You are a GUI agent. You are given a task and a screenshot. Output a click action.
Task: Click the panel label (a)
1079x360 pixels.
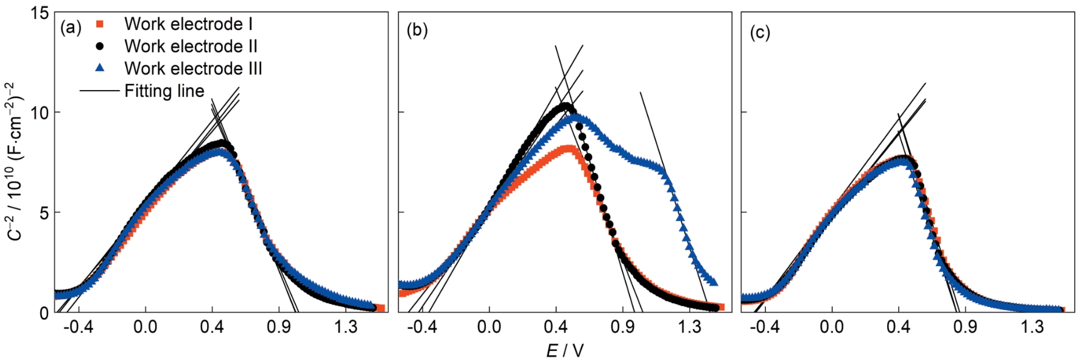(71, 28)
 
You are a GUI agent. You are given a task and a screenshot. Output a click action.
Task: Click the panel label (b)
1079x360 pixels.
(417, 30)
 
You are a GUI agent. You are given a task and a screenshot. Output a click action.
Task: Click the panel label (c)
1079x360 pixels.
(759, 32)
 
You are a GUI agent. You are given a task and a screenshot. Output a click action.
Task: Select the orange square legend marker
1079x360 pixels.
(100, 24)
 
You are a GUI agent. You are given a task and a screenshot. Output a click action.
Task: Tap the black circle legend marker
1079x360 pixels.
(100, 46)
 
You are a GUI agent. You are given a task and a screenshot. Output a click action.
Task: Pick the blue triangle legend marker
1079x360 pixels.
(100, 68)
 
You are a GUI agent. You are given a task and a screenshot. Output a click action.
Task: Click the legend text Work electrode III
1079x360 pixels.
(193, 68)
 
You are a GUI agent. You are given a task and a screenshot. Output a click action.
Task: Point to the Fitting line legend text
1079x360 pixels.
(164, 91)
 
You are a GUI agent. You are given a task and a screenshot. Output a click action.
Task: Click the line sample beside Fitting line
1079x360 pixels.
(99, 91)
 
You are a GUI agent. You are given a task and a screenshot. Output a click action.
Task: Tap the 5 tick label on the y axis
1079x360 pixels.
(43, 213)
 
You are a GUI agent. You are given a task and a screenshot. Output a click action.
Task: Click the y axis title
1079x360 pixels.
(16, 161)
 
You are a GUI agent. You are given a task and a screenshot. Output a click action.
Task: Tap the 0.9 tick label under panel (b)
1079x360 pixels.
(622, 327)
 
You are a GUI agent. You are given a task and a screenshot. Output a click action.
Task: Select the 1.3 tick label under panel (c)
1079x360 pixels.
(1032, 327)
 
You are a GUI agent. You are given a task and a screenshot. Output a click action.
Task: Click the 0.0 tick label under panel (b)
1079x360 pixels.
(488, 327)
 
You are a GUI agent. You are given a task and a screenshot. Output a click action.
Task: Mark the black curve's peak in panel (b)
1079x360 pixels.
(566, 107)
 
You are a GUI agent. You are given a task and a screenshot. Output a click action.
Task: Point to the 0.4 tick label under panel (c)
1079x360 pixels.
(898, 327)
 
